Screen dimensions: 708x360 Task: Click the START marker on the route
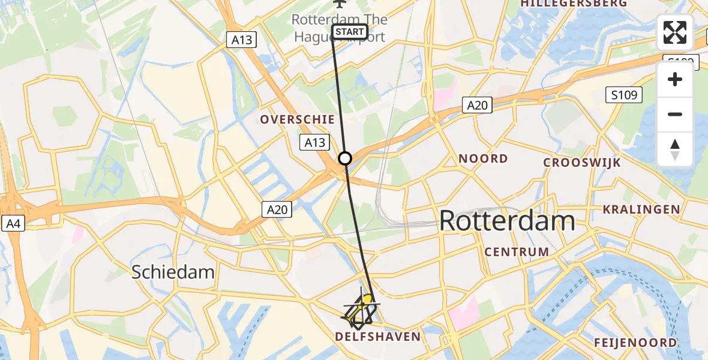tap(349, 32)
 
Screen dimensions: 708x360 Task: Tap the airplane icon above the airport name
tap(340, 4)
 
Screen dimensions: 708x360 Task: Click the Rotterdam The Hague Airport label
tap(340, 27)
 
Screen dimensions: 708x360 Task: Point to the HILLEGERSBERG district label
tap(574, 4)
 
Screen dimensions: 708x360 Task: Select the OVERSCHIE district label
tap(297, 119)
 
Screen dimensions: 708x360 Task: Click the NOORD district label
tap(483, 159)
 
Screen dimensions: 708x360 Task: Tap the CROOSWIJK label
tap(581, 163)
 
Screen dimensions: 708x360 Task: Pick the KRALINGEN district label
tap(641, 209)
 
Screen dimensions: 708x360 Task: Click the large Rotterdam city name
tap(507, 221)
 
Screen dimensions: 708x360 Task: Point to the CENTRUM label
tap(517, 252)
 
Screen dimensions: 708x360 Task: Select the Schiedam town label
tap(173, 272)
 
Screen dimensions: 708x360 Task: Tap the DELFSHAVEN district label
tap(377, 337)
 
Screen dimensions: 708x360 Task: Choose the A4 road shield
tap(13, 224)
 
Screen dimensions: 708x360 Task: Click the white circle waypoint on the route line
tap(345, 158)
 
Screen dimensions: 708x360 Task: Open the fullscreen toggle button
tap(675, 32)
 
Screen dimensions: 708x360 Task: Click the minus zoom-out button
tap(675, 114)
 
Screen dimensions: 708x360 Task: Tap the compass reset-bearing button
tap(675, 149)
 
